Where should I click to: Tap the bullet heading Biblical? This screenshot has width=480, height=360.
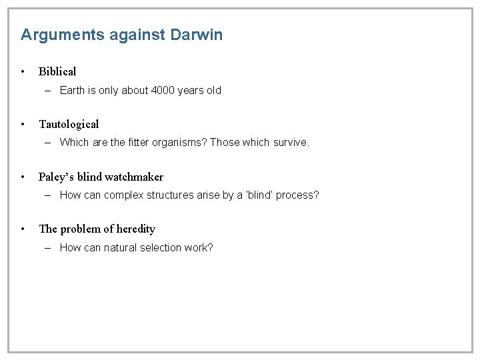(x=57, y=71)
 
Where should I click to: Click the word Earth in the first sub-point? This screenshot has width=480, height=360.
(x=73, y=90)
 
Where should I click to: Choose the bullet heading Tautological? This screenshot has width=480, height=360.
(x=69, y=124)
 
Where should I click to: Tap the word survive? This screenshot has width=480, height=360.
(x=291, y=142)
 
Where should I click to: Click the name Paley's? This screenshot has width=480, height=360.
(x=56, y=177)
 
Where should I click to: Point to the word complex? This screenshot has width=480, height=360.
(x=126, y=195)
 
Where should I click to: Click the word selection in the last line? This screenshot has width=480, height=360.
(x=159, y=247)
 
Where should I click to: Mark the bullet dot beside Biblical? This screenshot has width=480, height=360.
(x=23, y=71)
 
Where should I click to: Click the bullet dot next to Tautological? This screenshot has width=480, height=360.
(x=23, y=124)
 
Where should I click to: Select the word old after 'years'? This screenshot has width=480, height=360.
(x=213, y=90)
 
